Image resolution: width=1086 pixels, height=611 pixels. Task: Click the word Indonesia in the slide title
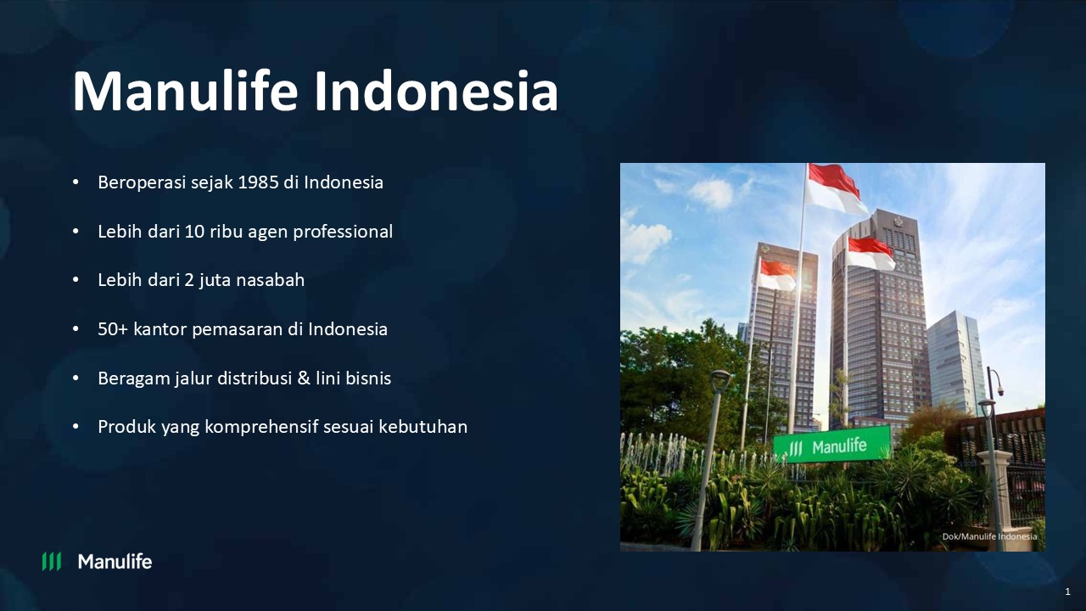point(436,92)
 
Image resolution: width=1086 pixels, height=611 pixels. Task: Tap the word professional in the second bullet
point(343,232)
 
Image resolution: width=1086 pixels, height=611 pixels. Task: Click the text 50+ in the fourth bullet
point(112,329)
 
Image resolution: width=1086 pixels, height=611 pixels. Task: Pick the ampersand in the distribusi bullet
point(304,378)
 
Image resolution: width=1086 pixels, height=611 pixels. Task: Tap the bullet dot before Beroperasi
point(76,182)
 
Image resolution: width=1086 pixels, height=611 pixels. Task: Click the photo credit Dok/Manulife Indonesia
point(989,536)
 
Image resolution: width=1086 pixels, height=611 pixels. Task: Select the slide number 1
point(1067,591)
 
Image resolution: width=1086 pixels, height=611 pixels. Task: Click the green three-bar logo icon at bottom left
point(52,561)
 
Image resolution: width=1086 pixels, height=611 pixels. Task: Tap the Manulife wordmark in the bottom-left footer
point(115,561)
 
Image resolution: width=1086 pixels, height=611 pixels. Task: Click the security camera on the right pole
point(999,390)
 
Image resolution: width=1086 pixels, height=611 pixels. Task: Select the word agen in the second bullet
point(268,232)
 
